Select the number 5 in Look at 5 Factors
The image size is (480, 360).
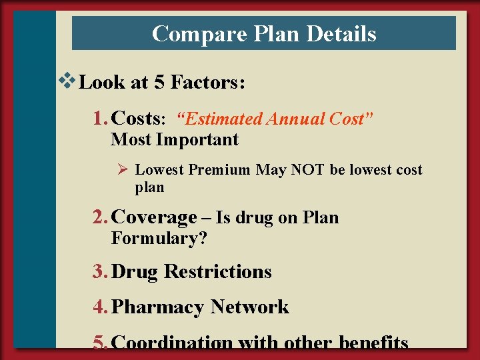point(159,83)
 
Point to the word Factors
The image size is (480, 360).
point(208,83)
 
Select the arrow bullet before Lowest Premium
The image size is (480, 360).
point(123,170)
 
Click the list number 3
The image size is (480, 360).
point(99,272)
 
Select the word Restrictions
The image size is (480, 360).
point(217,272)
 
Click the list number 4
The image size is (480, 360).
point(99,307)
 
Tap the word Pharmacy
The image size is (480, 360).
point(158,307)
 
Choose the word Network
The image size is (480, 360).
point(249,307)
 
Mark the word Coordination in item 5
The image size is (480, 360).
point(173,343)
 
